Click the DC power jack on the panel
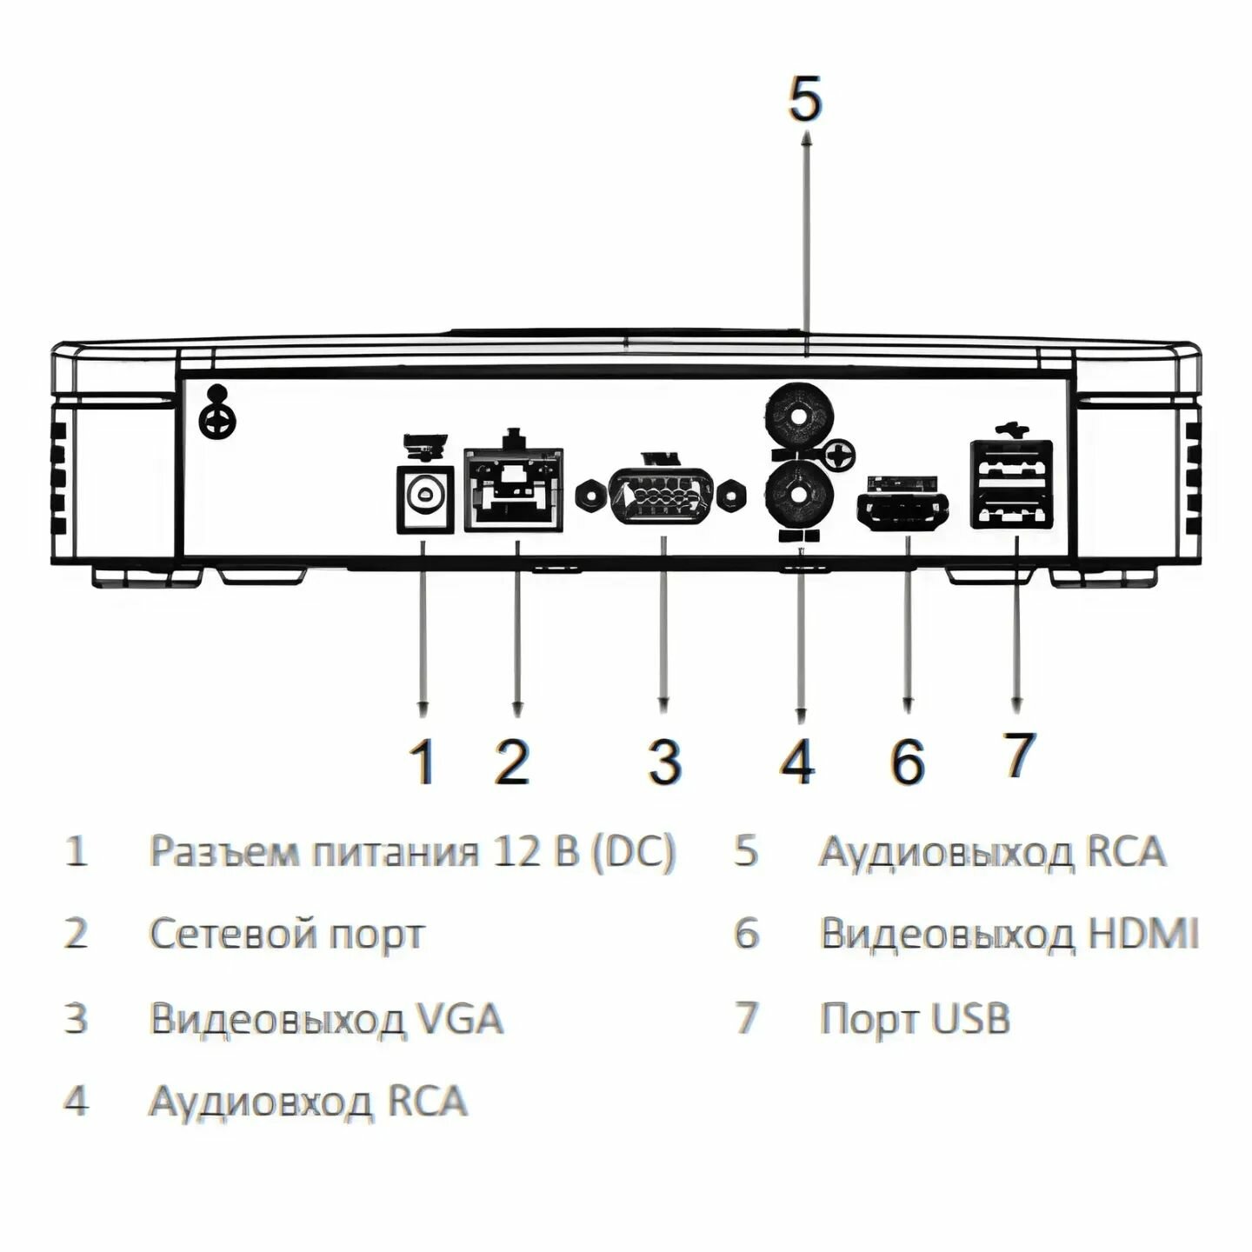click(x=425, y=497)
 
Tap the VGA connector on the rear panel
click(x=663, y=496)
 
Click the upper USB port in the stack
click(x=1011, y=463)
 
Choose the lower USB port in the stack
click(x=1011, y=509)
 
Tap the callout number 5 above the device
click(x=804, y=98)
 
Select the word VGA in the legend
click(x=460, y=1017)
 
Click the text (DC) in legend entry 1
click(x=632, y=850)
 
